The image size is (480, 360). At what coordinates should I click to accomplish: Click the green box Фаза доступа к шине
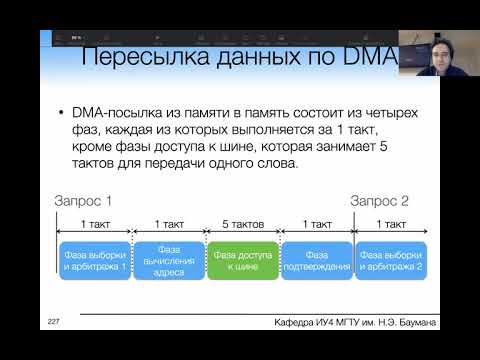(242, 262)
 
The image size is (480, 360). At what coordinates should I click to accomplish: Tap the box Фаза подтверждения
(317, 262)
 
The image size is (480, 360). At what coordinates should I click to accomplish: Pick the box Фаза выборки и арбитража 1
(94, 262)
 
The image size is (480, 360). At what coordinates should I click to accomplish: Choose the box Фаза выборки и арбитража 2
(391, 262)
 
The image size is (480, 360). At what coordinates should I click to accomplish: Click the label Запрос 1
(83, 200)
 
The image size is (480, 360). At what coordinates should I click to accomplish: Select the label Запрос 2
(380, 200)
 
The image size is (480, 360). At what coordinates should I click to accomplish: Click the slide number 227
(54, 321)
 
